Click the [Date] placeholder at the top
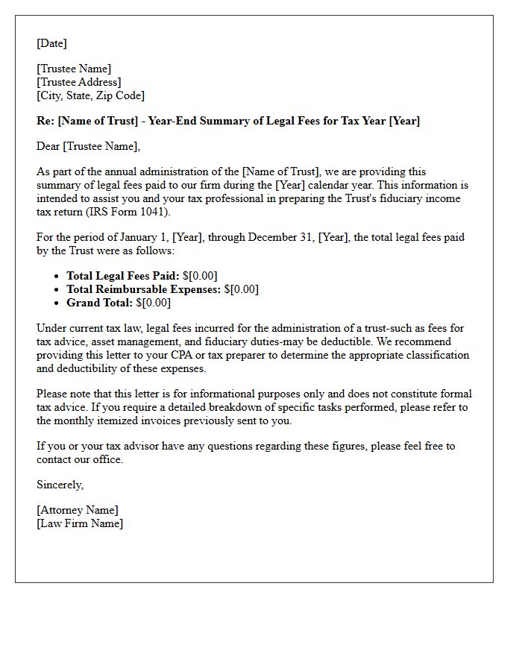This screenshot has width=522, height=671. point(51,43)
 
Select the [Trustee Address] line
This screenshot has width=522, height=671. point(79,82)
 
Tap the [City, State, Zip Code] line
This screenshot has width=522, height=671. point(90,95)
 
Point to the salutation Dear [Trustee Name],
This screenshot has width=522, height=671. point(88,146)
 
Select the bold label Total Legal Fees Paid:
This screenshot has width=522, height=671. point(123,276)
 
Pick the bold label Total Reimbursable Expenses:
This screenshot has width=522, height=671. point(143,289)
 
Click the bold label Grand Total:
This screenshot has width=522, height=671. point(99,303)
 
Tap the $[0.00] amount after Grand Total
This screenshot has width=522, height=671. point(153,303)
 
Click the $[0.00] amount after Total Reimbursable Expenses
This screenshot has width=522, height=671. point(241,289)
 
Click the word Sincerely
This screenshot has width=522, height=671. point(60,485)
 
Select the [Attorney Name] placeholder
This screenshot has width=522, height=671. point(78,510)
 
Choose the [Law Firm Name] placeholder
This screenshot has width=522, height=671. point(80,523)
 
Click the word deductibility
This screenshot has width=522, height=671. point(92,368)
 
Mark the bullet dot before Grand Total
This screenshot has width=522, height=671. point(57,303)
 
